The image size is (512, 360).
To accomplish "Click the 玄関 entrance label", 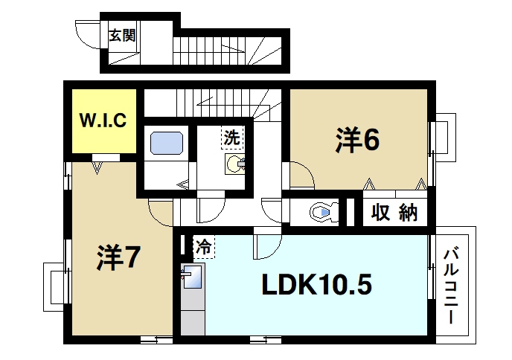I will point(123,36).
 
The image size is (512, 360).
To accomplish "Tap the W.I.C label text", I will point(103,119).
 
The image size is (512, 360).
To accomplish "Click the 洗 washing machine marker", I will point(233,137).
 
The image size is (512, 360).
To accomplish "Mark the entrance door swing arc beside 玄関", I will point(87,34).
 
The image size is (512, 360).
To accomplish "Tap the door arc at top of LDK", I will point(266,246).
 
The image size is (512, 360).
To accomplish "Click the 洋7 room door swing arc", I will point(161,214).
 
